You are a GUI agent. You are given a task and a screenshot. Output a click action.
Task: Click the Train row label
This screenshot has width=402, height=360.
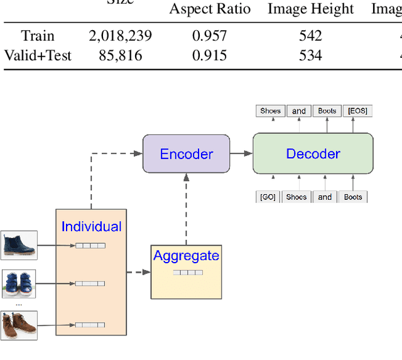38,36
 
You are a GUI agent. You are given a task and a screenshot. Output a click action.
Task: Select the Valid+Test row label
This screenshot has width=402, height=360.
38,55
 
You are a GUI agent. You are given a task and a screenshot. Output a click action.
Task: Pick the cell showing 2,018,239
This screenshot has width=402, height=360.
120,36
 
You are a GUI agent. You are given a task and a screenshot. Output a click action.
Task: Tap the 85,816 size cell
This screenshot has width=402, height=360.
120,55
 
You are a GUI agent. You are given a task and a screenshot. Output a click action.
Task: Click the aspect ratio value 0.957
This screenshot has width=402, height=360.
210,36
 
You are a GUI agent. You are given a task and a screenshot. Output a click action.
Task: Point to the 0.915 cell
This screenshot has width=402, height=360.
210,55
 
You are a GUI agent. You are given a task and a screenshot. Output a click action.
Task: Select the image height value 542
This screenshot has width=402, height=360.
310,36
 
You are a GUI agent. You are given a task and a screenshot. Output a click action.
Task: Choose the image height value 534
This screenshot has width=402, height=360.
310,55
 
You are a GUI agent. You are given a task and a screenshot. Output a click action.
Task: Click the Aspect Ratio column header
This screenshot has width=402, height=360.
210,9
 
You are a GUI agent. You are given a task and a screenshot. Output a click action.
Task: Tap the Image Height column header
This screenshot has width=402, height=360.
310,9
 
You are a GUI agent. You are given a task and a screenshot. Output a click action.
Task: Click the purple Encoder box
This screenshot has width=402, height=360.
186,154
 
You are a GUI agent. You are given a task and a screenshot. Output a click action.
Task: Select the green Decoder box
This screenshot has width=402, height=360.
313,154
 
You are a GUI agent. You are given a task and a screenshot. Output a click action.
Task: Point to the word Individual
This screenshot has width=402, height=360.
92,227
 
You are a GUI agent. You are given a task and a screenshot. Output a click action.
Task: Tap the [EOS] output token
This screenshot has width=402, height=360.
357,111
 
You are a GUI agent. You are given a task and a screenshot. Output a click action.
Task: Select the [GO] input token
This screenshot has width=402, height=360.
268,197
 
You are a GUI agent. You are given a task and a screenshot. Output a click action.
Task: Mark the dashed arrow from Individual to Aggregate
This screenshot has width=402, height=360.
138,272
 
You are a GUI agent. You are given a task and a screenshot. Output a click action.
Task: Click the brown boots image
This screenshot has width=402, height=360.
19,325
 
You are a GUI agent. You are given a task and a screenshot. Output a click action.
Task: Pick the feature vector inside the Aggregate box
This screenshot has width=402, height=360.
188,273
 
